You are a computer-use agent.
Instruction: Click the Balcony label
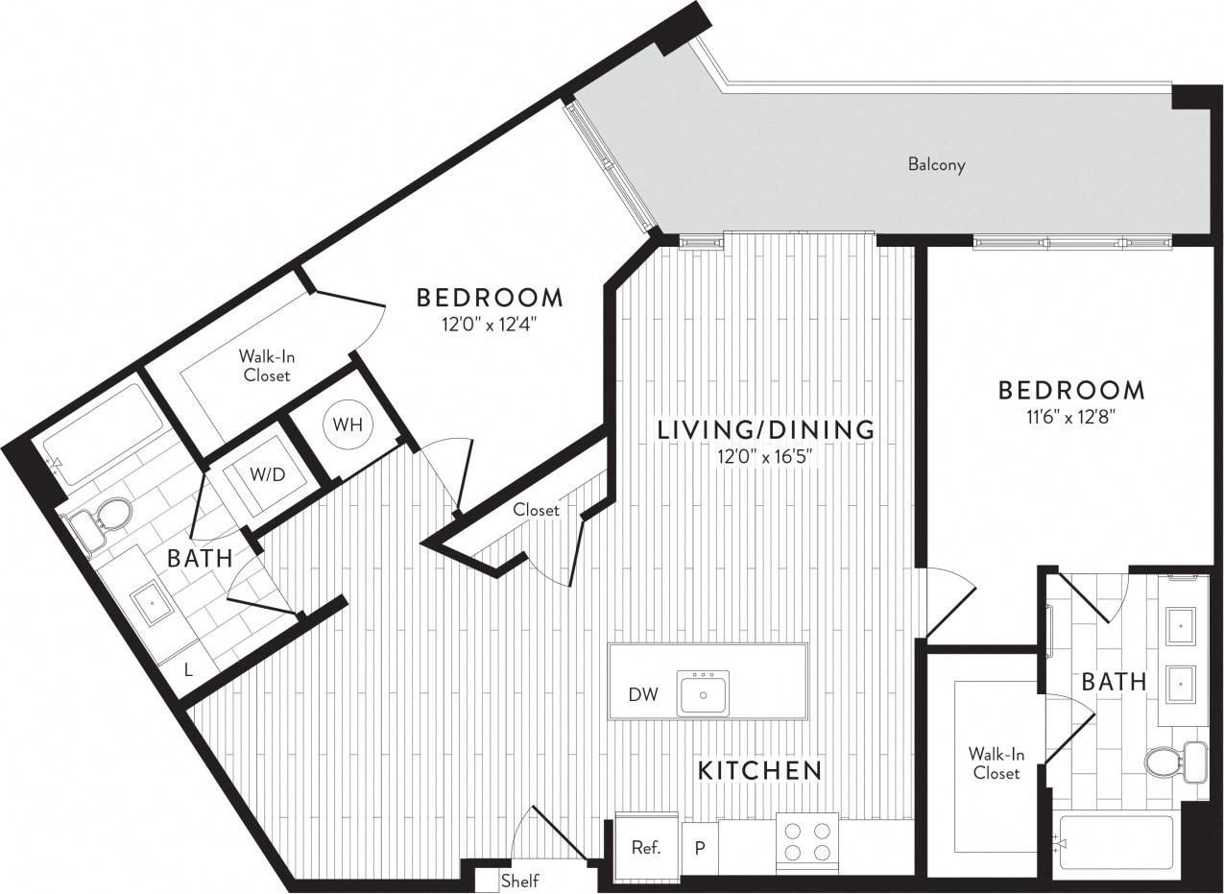pyautogui.click(x=936, y=164)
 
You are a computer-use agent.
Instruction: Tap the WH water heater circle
pyautogui.click(x=348, y=425)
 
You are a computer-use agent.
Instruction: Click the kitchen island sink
pyautogui.click(x=703, y=694)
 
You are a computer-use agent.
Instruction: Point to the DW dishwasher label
pyautogui.click(x=643, y=694)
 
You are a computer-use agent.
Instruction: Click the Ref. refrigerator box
pyautogui.click(x=646, y=847)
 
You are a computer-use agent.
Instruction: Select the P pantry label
pyautogui.click(x=700, y=849)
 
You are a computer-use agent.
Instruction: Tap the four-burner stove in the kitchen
pyautogui.click(x=806, y=842)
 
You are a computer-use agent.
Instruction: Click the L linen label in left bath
pyautogui.click(x=188, y=670)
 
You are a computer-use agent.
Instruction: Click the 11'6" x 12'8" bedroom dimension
pyautogui.click(x=1070, y=418)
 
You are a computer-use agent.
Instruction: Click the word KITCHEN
pyautogui.click(x=759, y=770)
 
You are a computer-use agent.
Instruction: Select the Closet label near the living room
pyautogui.click(x=536, y=510)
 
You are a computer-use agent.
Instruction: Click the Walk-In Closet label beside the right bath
pyautogui.click(x=996, y=762)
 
